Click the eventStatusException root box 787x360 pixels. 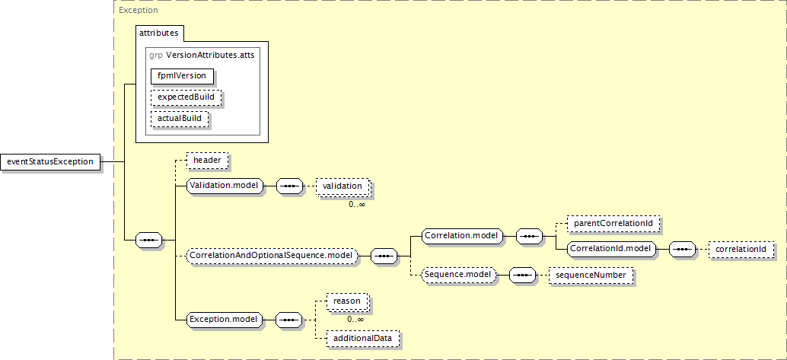tap(50, 161)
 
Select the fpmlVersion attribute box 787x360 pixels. tap(182, 76)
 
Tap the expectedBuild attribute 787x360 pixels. tap(186, 97)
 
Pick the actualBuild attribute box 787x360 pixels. tap(180, 119)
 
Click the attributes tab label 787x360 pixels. tap(158, 33)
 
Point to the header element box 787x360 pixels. tap(207, 161)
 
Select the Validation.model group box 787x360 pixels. tap(225, 186)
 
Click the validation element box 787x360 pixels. tap(343, 186)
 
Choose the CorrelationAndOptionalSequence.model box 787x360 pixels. tap(272, 256)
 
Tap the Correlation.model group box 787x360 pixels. tap(462, 235)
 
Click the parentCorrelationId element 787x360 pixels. tap(613, 223)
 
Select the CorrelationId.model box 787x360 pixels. tap(611, 249)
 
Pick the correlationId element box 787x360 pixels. tap(741, 249)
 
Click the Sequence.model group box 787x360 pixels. tap(459, 276)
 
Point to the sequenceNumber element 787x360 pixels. tap(591, 276)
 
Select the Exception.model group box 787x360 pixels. tap(224, 320)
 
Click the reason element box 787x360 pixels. tap(347, 301)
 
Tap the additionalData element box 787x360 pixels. tap(363, 338)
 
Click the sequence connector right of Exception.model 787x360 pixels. tap(289, 320)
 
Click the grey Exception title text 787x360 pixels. tap(138, 10)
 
